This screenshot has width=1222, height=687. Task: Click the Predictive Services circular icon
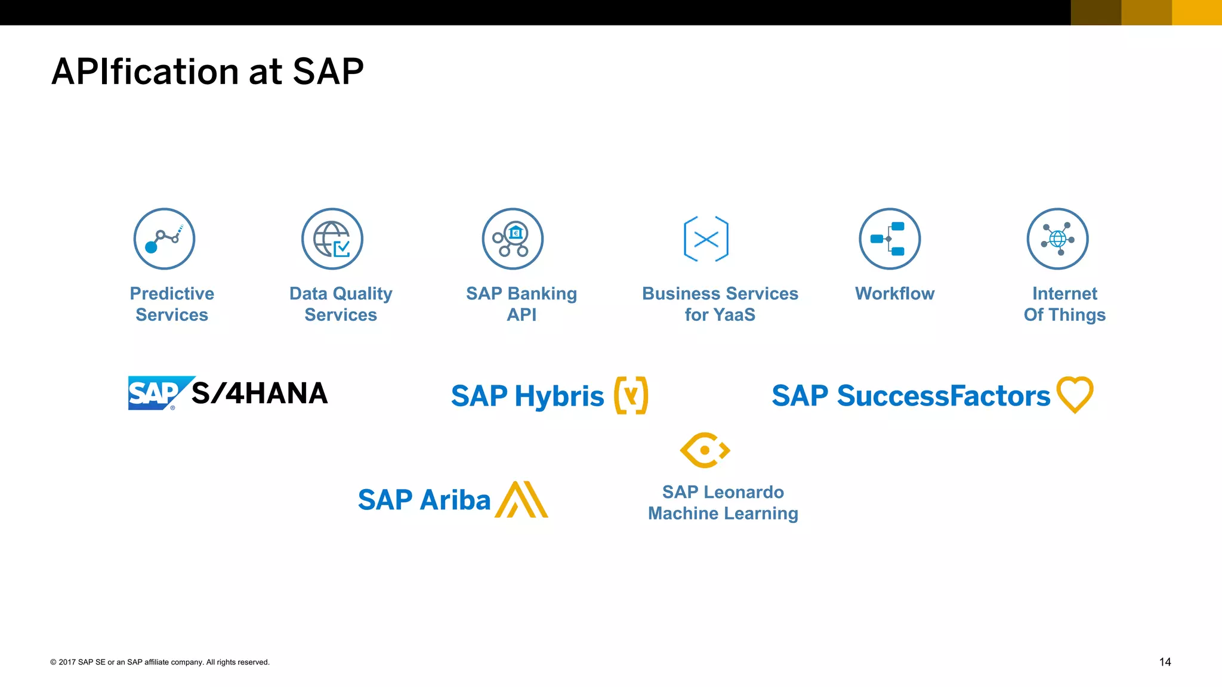164,239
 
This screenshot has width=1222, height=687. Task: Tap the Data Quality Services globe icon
332,239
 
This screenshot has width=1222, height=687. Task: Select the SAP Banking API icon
513,239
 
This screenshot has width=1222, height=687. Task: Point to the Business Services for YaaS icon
706,239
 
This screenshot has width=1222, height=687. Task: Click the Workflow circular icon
890,239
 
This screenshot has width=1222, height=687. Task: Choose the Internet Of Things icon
1058,239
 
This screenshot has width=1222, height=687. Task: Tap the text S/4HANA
260,394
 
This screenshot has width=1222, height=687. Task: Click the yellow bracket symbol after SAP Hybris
631,395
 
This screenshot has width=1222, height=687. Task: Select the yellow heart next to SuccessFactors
1075,394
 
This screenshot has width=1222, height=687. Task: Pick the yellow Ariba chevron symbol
521,499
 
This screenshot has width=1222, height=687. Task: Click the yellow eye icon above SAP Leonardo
705,450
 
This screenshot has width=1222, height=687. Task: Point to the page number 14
1165,662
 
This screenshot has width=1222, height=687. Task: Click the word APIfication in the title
146,72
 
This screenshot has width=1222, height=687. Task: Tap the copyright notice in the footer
160,662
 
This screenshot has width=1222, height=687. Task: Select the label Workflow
894,293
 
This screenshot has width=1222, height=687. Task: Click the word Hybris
559,396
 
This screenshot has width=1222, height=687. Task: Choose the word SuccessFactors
943,395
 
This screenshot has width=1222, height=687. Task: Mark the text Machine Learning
723,513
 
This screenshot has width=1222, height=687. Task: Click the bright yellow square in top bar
1197,13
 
